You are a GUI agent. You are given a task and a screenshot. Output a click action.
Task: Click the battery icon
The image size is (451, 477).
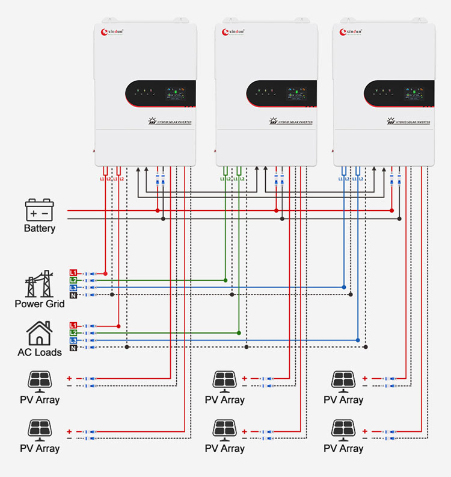(x=40, y=211)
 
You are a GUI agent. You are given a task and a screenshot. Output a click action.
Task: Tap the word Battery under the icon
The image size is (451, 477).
(x=40, y=228)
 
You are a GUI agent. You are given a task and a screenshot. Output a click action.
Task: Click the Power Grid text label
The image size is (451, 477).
(x=40, y=304)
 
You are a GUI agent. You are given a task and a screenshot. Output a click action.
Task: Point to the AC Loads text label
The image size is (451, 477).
(x=40, y=352)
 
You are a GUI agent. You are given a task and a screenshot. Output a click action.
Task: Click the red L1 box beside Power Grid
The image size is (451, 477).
(x=73, y=273)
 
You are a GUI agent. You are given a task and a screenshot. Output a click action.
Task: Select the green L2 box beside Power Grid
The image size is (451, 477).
(x=73, y=281)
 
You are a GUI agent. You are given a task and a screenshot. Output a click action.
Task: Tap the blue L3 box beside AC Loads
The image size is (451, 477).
(x=73, y=340)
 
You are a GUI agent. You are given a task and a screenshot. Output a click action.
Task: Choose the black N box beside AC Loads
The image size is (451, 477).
(x=73, y=348)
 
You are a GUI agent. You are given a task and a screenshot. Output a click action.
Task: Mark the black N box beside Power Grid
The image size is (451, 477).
(x=73, y=295)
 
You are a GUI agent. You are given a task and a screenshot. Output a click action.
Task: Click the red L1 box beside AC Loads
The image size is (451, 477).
(x=73, y=325)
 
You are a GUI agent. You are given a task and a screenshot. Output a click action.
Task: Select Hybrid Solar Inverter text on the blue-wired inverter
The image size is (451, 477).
(x=409, y=122)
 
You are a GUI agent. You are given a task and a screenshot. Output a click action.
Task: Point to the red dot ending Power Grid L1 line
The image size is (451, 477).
(x=105, y=273)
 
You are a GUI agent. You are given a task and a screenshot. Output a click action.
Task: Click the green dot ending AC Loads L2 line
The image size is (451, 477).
(x=239, y=333)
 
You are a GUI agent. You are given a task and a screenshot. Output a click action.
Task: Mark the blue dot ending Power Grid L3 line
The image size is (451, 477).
(x=343, y=287)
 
